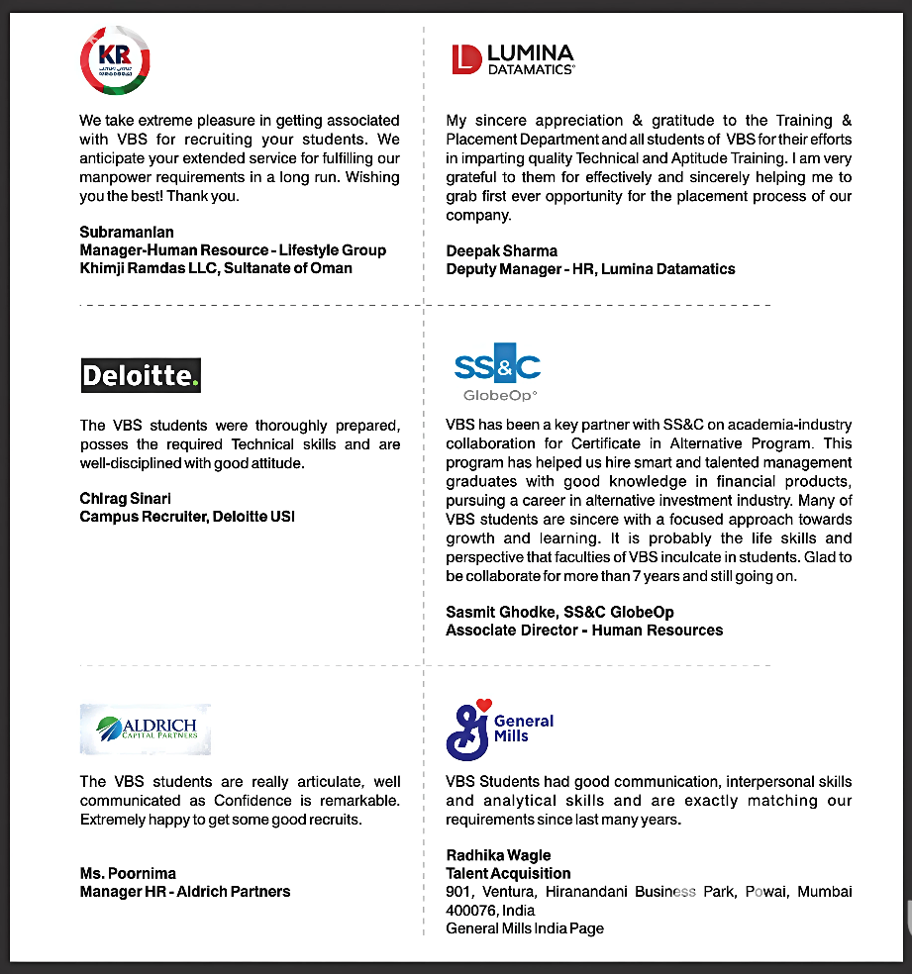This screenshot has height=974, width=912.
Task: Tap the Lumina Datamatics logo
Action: tap(512, 59)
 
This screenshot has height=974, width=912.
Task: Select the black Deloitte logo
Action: tap(141, 375)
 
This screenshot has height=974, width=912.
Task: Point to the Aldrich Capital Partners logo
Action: tap(146, 729)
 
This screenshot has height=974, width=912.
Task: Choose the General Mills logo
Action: tap(499, 729)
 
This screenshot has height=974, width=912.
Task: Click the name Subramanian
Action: tap(127, 232)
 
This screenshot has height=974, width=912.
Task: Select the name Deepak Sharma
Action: tap(501, 250)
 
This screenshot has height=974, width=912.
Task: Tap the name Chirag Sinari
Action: tap(126, 498)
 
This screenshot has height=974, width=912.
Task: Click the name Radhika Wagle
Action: tap(498, 855)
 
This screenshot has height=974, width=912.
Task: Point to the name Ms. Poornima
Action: tap(128, 873)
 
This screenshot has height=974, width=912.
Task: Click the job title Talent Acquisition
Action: tap(508, 873)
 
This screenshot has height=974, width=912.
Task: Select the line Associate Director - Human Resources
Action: tap(584, 630)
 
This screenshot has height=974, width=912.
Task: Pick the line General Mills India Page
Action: tap(525, 928)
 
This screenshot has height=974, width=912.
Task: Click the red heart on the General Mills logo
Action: tap(484, 705)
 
